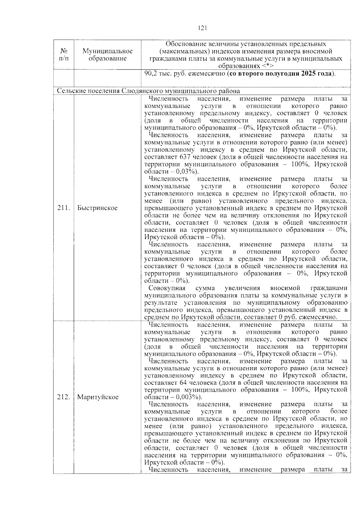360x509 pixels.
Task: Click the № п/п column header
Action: pyautogui.click(x=63, y=55)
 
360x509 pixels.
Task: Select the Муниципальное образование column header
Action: pyautogui.click(x=107, y=55)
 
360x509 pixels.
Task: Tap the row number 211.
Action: pyautogui.click(x=63, y=208)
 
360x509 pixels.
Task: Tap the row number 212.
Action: pyautogui.click(x=63, y=397)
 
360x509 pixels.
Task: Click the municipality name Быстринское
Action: pyautogui.click(x=97, y=208)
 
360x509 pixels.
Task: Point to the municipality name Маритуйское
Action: pyautogui.click(x=98, y=397)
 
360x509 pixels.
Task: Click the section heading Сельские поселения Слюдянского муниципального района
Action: pyautogui.click(x=148, y=91)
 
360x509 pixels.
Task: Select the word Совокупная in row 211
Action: pyautogui.click(x=167, y=288)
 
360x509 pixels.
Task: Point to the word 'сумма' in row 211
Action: pyautogui.click(x=205, y=288)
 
